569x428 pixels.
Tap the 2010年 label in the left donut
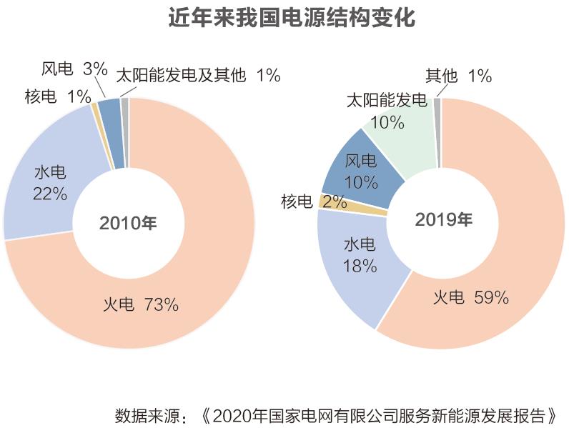(x=128, y=222)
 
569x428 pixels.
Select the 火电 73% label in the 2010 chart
(x=140, y=305)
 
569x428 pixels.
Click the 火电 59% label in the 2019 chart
(x=470, y=297)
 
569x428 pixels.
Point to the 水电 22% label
(x=50, y=183)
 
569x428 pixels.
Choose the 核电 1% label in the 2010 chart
(x=58, y=96)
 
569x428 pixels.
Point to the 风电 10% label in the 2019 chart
(x=360, y=171)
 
